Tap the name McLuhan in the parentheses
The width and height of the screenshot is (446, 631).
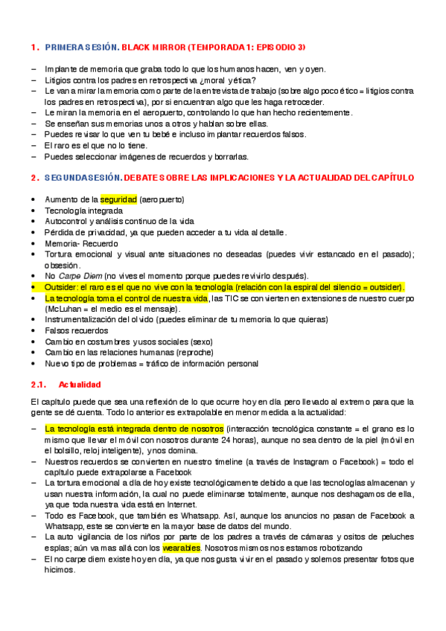tap(63, 309)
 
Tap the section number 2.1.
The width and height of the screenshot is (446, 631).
tap(39, 384)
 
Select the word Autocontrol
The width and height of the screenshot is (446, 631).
tap(65, 221)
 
